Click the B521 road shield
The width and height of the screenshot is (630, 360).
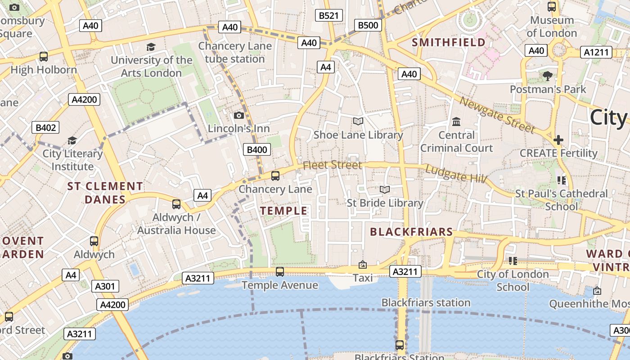pos(328,16)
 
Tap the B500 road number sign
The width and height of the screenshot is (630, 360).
pos(368,25)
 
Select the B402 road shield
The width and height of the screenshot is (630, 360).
pos(45,128)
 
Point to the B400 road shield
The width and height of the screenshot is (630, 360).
pos(257,150)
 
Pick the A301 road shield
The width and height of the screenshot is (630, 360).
pos(105,286)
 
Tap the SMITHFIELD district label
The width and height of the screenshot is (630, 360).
pos(449,43)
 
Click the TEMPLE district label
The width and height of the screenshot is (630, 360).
pos(284,211)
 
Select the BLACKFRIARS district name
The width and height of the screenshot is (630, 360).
pos(411,232)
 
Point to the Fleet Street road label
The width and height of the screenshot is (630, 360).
pos(332,165)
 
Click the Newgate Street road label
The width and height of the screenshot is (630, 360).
pos(497,115)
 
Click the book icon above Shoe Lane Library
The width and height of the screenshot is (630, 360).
pos(358,121)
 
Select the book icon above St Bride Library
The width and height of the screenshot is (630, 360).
pos(384,190)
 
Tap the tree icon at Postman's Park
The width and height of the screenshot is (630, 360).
pos(548,76)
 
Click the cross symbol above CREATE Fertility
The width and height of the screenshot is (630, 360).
pos(558,140)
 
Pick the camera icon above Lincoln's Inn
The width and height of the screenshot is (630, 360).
pos(239,116)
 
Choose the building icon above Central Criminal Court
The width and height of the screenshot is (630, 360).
pos(456,121)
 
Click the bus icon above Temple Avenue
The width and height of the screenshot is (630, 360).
pos(279,272)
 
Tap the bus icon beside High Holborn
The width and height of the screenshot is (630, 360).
pos(44,57)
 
